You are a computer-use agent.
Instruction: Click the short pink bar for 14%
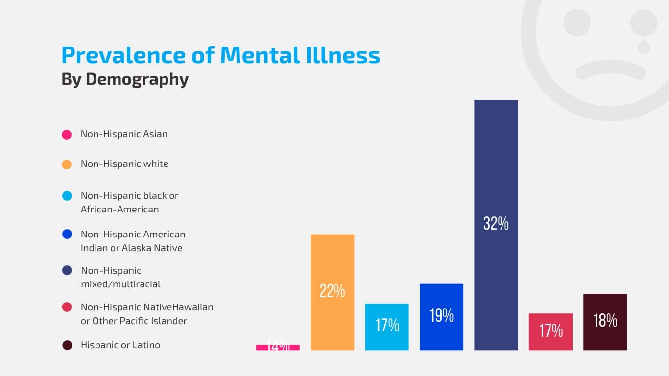click(278, 347)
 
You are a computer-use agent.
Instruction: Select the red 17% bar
click(550, 340)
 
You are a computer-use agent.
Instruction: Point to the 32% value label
click(496, 224)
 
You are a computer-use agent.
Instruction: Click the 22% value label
click(332, 291)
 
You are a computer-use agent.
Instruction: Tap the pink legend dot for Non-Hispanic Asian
click(67, 135)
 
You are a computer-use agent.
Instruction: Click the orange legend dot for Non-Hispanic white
click(67, 164)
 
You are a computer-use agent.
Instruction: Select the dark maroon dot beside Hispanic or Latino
click(67, 345)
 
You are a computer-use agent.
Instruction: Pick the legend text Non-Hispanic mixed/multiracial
click(120, 277)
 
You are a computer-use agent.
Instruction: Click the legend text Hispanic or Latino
click(120, 345)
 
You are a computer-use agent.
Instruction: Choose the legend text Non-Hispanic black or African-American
click(129, 202)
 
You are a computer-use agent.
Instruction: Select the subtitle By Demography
click(125, 79)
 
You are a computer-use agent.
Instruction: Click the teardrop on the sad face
click(644, 47)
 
